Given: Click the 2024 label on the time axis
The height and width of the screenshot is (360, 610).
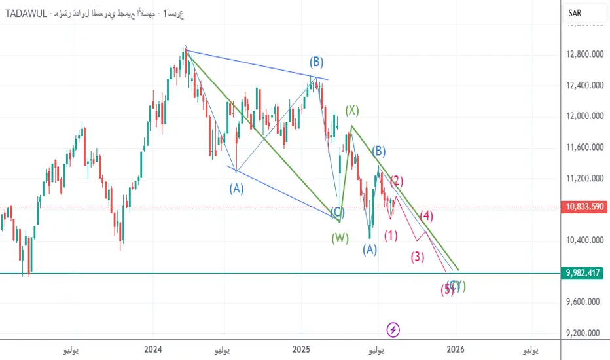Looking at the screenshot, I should [x=153, y=350].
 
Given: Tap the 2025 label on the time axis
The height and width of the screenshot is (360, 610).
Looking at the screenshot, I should [x=301, y=350].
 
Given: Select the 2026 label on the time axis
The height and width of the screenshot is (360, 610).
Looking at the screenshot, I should [x=456, y=350].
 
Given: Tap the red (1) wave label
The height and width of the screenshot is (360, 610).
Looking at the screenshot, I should [x=391, y=236].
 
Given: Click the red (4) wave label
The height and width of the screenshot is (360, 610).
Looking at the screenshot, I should [x=427, y=215].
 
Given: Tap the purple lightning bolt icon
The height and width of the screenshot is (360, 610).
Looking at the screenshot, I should [x=393, y=330].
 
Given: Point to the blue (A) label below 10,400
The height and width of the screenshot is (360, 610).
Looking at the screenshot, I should [x=370, y=249].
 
